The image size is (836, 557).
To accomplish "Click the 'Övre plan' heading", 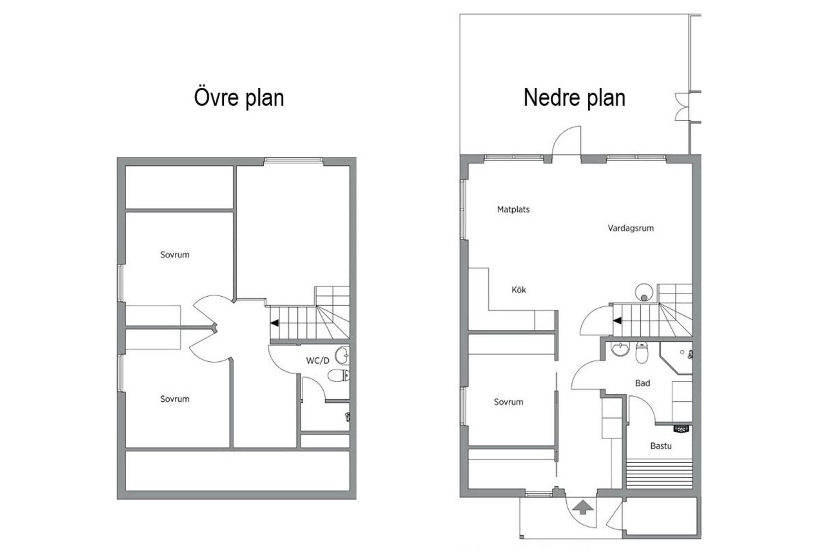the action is pos(239,98).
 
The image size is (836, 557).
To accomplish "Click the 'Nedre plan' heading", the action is pos(574,98).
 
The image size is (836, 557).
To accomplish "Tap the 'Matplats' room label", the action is pos(513,209).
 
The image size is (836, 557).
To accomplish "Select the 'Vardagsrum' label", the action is pos(631,228).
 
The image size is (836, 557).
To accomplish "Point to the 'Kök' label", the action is pos(519,290).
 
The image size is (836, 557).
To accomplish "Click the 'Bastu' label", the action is pos(661,446).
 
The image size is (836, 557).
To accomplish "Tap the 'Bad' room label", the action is pos(643,383).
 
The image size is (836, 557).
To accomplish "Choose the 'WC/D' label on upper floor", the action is pos(318,360).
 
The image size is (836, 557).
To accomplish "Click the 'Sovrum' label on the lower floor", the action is pos(508,402).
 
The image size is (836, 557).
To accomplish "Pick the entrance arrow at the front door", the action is pos(583,508).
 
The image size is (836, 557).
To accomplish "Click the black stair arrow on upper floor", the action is pos(275,323).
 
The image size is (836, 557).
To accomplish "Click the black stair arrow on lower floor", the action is pos(617,321).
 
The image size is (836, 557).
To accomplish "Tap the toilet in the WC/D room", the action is pos(338,375).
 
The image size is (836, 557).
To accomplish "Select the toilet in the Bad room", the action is pos(642,353).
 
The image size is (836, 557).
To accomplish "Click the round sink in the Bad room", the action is pos(621,350).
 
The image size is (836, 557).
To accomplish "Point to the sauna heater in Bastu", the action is pos(681,429).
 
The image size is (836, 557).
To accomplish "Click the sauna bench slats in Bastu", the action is pos(659,473).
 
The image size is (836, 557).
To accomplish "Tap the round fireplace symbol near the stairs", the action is pos(644,292).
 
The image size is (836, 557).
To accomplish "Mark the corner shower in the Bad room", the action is pos(676,358).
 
